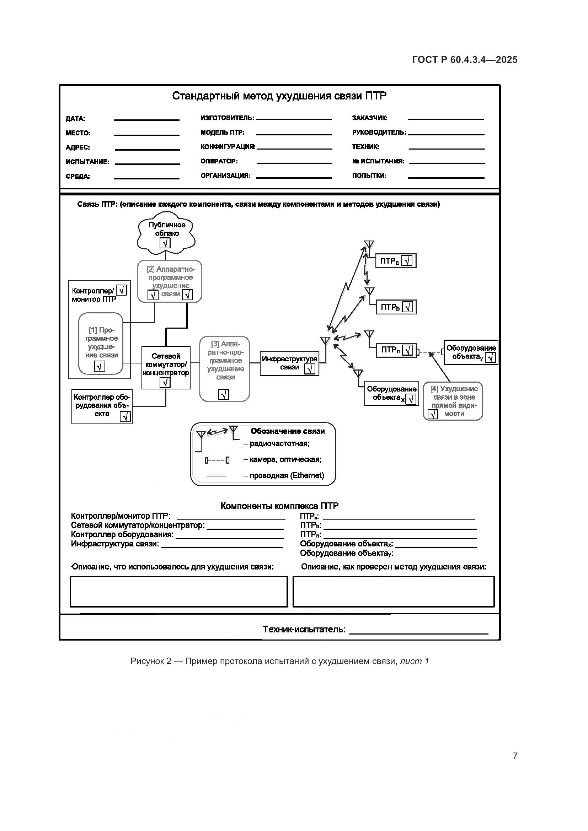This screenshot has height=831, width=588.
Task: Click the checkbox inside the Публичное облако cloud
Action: tap(165, 243)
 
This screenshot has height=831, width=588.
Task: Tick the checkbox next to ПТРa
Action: tap(407, 261)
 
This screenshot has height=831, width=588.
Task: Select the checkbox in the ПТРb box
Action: tap(408, 307)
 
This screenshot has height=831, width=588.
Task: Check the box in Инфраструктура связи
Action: tap(310, 369)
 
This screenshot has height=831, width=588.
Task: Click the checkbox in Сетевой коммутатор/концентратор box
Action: tap(165, 382)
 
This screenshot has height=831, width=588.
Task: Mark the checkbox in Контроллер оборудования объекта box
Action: tap(125, 417)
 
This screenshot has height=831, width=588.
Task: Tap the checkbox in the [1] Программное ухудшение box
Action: tap(100, 366)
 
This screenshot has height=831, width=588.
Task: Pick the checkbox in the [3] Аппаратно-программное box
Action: tap(224, 394)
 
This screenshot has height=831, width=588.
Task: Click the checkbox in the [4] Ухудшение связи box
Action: tap(433, 414)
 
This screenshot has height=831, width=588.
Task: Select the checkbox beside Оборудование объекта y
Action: tap(491, 358)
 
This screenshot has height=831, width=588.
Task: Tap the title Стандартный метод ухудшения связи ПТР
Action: tap(279, 96)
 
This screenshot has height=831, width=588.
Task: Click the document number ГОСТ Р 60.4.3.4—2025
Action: tap(465, 60)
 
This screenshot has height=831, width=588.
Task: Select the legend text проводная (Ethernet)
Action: tap(287, 476)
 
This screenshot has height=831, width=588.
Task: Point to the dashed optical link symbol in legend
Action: tap(217, 460)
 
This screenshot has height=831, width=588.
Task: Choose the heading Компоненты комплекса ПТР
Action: tap(279, 506)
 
